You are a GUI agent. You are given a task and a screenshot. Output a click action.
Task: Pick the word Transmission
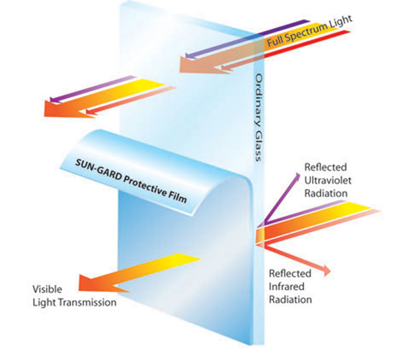pos(89,302)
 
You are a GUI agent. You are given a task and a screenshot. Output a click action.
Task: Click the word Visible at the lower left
pos(47,289)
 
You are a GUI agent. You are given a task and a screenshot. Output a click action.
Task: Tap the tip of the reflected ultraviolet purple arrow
pos(299,173)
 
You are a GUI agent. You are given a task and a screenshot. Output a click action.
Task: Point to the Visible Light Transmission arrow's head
pos(79,283)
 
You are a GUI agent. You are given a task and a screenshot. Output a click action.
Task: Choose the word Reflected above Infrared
pos(290,273)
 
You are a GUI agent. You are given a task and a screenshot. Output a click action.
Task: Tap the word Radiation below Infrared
pos(290,300)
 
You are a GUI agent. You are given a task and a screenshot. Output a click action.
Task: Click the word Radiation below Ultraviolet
pos(326,193)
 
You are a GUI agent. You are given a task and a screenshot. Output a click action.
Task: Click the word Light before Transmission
pos(46,302)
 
